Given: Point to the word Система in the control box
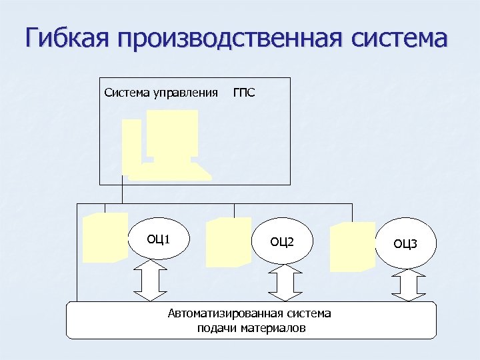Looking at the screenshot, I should [127, 91].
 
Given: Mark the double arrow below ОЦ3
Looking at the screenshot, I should [408, 285].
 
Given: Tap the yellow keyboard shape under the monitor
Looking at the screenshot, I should [170, 171].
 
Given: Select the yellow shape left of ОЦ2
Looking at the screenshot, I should [228, 242].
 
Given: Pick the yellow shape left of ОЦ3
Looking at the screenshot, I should [353, 246].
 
